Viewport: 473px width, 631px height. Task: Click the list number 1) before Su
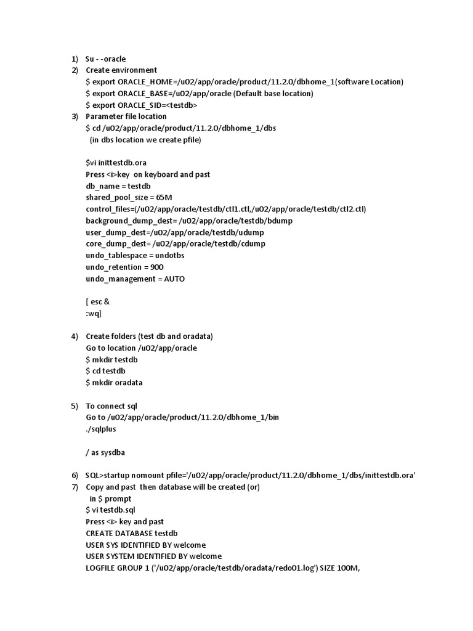[74, 59]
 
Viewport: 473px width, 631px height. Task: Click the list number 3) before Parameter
[74, 116]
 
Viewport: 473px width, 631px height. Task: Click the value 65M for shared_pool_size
[164, 197]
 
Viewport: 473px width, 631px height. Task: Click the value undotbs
[169, 255]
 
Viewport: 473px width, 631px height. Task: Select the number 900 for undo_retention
[157, 267]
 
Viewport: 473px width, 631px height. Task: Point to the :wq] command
[94, 313]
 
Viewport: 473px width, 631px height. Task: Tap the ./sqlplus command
[101, 429]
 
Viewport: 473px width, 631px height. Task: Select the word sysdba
[113, 452]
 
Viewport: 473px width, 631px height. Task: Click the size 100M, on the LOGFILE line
[346, 568]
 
